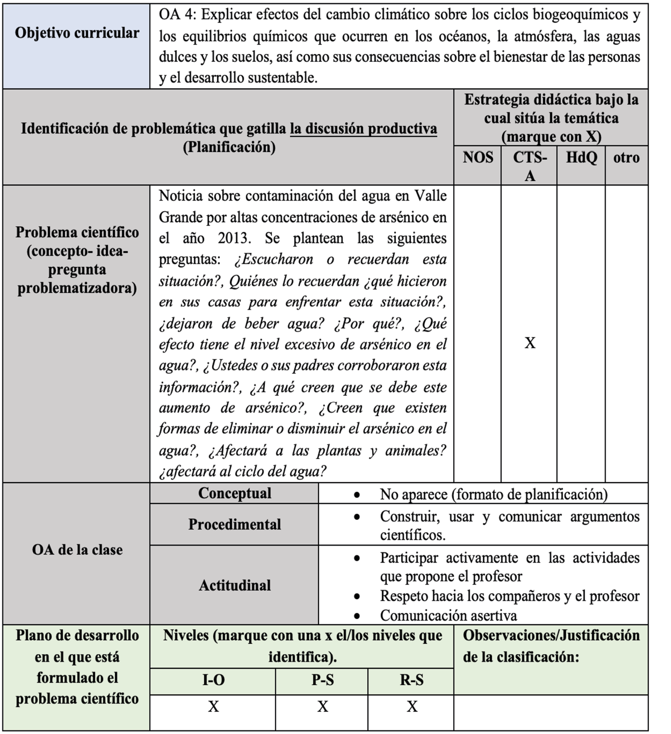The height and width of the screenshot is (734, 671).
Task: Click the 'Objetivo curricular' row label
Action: [77, 33]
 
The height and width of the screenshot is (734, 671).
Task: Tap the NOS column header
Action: [478, 157]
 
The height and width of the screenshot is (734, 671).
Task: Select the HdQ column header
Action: [581, 157]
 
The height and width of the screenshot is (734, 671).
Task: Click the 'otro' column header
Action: [626, 157]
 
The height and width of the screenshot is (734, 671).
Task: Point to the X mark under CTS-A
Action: [530, 343]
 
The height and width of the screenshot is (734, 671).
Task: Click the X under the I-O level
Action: [213, 706]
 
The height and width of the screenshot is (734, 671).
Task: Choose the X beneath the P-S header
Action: [323, 706]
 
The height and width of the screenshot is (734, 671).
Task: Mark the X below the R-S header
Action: [412, 706]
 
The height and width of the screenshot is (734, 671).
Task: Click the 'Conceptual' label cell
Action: [234, 493]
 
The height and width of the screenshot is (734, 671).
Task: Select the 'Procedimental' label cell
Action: [234, 524]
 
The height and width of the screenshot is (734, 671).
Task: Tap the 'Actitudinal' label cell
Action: [234, 585]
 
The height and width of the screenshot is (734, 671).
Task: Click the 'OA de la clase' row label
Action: [77, 550]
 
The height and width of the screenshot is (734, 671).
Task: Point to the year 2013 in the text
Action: [234, 238]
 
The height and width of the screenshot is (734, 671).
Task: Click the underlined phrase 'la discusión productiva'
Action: [363, 129]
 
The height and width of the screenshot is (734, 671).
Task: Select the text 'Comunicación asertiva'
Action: [448, 615]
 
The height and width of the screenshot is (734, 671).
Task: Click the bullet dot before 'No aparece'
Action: [357, 495]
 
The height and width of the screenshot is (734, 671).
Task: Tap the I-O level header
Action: [213, 680]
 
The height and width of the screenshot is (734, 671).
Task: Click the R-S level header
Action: [411, 680]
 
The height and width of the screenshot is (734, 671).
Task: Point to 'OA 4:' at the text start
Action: [177, 15]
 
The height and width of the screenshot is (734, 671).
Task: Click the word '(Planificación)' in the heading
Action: [229, 147]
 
